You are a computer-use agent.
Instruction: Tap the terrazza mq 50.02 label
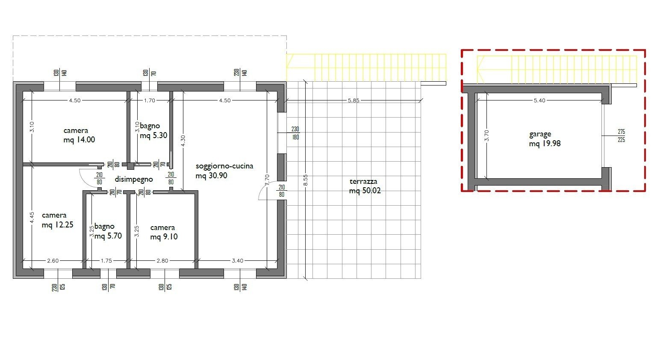(365, 186)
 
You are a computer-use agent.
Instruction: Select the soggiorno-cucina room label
(224, 166)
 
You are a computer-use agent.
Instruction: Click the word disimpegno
(134, 179)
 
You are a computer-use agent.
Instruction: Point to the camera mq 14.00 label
(79, 135)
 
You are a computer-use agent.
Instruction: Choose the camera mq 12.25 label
(57, 220)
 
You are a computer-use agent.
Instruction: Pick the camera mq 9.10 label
(164, 232)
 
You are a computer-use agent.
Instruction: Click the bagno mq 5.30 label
(153, 131)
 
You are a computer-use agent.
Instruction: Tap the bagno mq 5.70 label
(108, 231)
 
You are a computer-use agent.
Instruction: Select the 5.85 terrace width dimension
(354, 100)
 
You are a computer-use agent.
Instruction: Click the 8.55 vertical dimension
(305, 180)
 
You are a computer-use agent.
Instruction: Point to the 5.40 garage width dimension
(539, 100)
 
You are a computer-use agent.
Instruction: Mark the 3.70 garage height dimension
(486, 136)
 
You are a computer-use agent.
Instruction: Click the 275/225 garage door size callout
(622, 136)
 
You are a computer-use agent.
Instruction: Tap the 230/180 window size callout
(295, 133)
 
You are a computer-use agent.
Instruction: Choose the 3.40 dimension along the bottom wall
(237, 261)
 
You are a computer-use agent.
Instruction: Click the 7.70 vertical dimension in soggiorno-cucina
(267, 180)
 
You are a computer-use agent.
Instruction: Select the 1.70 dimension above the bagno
(150, 100)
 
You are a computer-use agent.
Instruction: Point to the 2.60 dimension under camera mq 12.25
(53, 261)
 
